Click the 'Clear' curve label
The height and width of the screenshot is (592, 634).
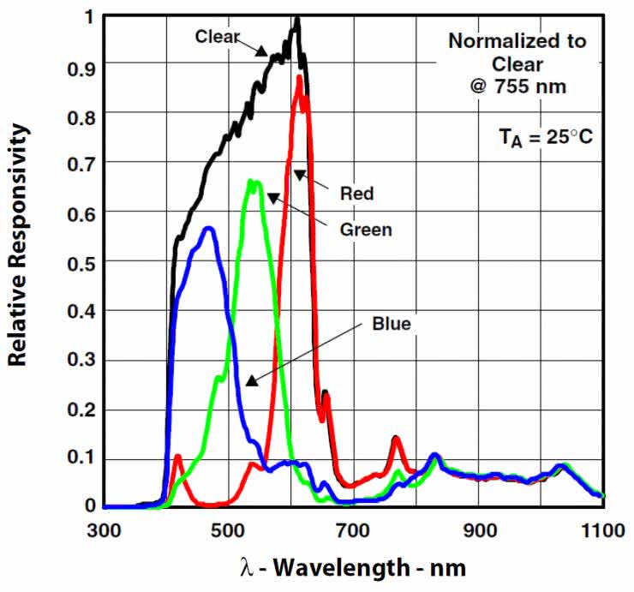click(x=218, y=37)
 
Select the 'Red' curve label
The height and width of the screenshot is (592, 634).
click(x=356, y=194)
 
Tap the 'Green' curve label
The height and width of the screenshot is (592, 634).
click(x=366, y=230)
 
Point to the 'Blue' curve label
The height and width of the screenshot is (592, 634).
click(x=392, y=324)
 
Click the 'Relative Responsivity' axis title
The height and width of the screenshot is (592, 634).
click(x=19, y=244)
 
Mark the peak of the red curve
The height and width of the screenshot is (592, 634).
click(x=299, y=77)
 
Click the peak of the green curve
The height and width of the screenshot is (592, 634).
click(x=251, y=180)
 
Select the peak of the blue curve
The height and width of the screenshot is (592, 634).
click(x=208, y=228)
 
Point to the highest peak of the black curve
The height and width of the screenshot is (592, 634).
click(x=296, y=19)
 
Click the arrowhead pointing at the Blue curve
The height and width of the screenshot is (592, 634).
click(x=252, y=381)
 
